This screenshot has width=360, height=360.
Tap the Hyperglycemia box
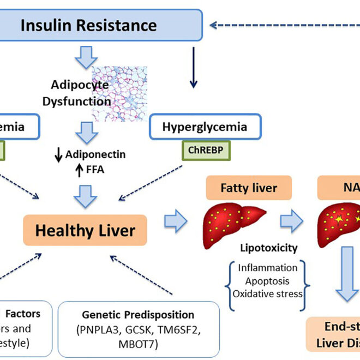[205, 127]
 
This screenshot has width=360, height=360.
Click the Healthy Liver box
[85, 230]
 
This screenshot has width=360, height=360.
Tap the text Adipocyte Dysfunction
[81, 93]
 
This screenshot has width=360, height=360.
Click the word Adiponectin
[95, 154]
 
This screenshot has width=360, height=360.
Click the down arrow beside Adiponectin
[57, 155]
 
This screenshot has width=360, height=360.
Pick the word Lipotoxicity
[269, 248]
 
